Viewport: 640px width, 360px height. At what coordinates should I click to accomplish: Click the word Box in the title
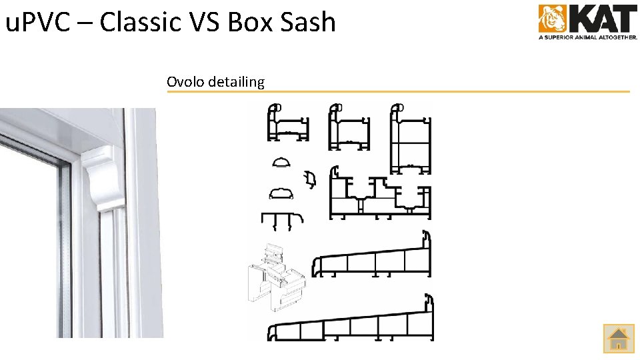245,22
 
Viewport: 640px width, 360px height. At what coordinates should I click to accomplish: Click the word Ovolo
186,82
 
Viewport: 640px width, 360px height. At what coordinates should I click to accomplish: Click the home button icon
619,338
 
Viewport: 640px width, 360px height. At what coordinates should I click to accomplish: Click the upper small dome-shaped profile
282,163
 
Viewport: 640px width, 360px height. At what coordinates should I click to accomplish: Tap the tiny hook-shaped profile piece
309,179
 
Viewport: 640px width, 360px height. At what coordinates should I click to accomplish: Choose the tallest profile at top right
410,139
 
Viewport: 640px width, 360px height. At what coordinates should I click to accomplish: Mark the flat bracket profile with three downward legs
282,221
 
